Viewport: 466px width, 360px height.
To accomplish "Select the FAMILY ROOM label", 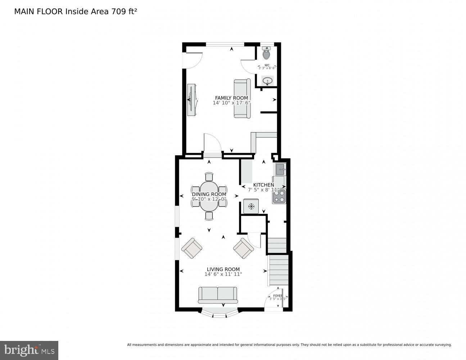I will [231, 98].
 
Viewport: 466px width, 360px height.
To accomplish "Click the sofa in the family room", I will [242, 99].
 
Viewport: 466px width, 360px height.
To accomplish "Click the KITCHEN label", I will [263, 185].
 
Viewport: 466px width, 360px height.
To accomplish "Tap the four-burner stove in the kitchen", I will [279, 196].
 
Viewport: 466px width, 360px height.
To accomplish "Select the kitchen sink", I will [280, 169].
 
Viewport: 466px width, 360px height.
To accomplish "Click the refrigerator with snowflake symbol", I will [251, 206].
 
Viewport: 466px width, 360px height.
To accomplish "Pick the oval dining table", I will [209, 196].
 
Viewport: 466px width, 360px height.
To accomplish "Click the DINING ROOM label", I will [209, 194].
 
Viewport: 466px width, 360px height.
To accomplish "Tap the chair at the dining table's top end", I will [209, 176].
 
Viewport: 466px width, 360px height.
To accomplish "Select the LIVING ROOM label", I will [223, 269].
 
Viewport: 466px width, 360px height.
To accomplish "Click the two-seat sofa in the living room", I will [218, 295].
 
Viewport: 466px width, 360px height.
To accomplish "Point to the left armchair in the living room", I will [192, 248].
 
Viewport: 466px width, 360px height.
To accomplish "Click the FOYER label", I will [277, 296].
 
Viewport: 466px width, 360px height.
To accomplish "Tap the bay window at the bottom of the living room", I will [219, 313].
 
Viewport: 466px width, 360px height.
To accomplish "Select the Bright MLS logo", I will [29, 350].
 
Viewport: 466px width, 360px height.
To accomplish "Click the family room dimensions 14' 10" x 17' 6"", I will [231, 103].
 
